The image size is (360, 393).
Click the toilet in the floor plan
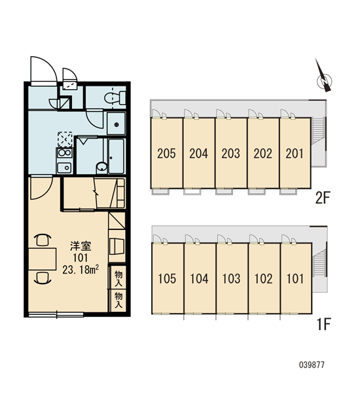(115, 98)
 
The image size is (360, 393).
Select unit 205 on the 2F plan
(167, 153)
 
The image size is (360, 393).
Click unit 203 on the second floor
(231, 153)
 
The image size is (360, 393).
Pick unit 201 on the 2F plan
(295, 153)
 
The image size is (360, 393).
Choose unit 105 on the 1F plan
(168, 278)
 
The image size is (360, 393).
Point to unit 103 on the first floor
(232, 278)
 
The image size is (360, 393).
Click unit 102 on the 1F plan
(264, 278)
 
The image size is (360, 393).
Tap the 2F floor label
(323, 198)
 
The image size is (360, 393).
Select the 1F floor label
(324, 324)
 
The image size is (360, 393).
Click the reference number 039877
(312, 365)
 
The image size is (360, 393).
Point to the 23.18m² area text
(81, 270)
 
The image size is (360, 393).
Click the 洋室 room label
(81, 246)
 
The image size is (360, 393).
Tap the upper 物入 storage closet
(118, 278)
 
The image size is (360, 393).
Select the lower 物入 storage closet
(118, 300)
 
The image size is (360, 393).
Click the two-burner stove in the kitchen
(65, 153)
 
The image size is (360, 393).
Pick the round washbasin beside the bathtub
(101, 166)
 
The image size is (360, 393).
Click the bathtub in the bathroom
(117, 156)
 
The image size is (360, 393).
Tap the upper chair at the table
(42, 240)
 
